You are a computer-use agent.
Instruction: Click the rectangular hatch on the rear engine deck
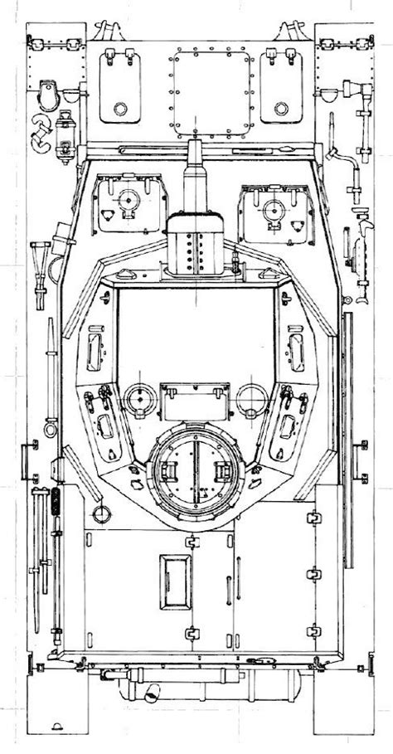[x=173, y=581]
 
